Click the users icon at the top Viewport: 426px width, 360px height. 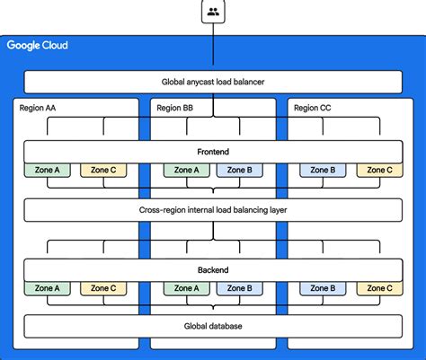pos(213,12)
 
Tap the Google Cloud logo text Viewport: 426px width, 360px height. pos(37,46)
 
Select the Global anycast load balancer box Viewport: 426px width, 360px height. pos(213,83)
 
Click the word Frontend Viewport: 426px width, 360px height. pos(213,152)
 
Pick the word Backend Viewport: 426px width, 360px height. pos(213,270)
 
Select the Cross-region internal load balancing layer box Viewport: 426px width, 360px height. pos(213,210)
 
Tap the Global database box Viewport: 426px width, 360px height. pos(213,326)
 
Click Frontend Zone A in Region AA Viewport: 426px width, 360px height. pos(48,170)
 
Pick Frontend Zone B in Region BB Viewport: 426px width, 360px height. pos(239,170)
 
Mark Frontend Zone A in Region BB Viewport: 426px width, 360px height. pos(186,170)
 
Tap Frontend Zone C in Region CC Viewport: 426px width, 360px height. pos(377,170)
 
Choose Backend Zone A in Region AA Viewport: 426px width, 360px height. pos(48,288)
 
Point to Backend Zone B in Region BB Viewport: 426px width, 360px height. pos(239,288)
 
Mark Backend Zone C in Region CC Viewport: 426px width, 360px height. pos(377,288)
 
